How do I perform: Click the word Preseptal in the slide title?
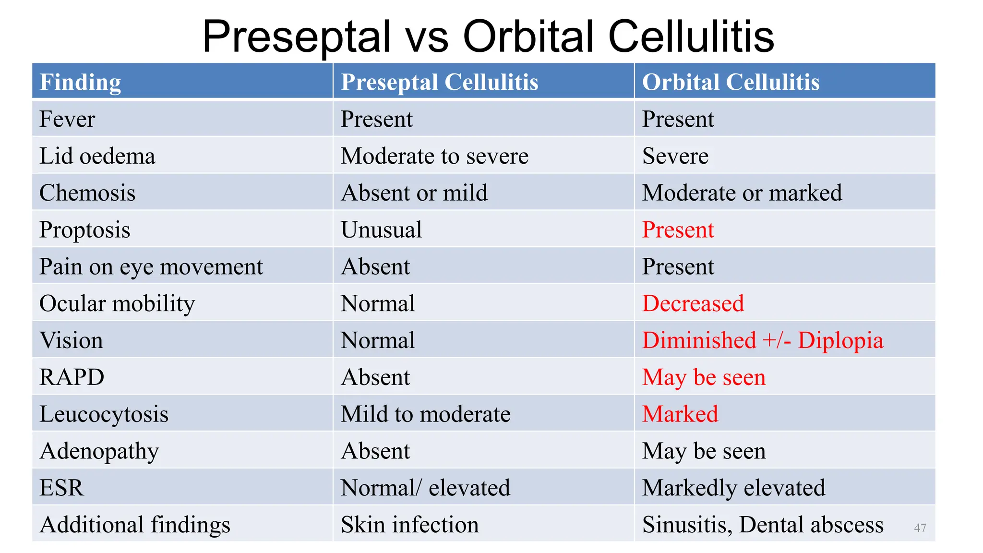coord(296,37)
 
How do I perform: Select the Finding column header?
coord(80,82)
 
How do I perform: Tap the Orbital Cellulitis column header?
coord(731,82)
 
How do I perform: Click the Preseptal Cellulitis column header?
coord(439,82)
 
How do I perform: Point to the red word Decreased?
coord(693,303)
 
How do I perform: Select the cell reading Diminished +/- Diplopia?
coord(762,340)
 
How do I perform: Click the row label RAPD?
coord(72,377)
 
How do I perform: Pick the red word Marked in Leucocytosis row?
coord(680,414)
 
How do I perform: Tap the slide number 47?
coord(920,528)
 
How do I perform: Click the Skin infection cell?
coord(409,525)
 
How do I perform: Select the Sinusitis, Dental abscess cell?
coord(762,525)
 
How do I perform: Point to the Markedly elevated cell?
coord(733,488)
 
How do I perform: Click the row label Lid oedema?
coord(97,156)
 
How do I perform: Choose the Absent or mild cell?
coord(414,193)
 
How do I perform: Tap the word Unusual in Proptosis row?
coord(381,230)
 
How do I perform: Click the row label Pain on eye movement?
coord(151,267)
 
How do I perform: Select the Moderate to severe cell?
coord(434,156)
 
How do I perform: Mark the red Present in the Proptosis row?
coord(678,230)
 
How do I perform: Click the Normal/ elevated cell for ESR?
coord(425,488)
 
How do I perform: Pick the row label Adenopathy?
coord(99,451)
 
